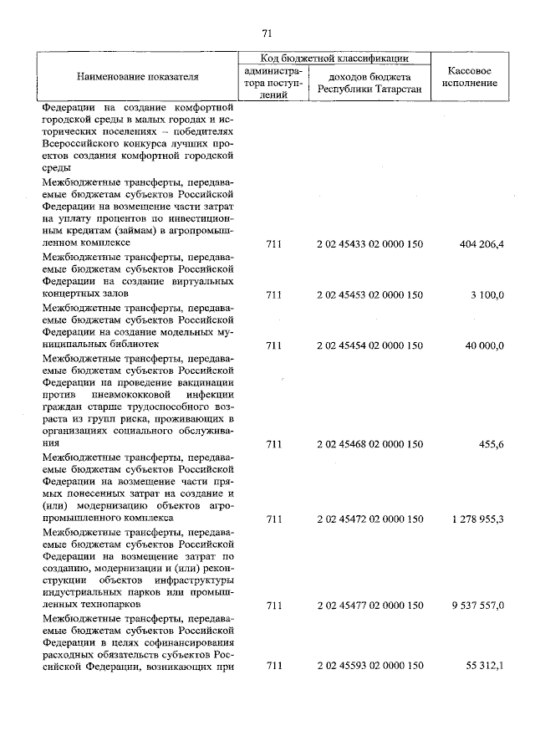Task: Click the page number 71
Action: coord(267,33)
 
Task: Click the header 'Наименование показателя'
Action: coord(138,76)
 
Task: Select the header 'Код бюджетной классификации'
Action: coord(334,59)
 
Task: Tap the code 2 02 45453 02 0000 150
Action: coord(370,294)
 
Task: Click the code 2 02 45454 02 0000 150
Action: coord(370,345)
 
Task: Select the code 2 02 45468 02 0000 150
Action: coord(370,442)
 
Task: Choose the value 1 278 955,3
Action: coord(477,519)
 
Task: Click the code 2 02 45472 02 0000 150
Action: coord(370,519)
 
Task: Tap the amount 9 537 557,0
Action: coord(477,604)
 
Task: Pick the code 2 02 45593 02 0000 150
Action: coord(370,667)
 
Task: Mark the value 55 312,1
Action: coord(485,667)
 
